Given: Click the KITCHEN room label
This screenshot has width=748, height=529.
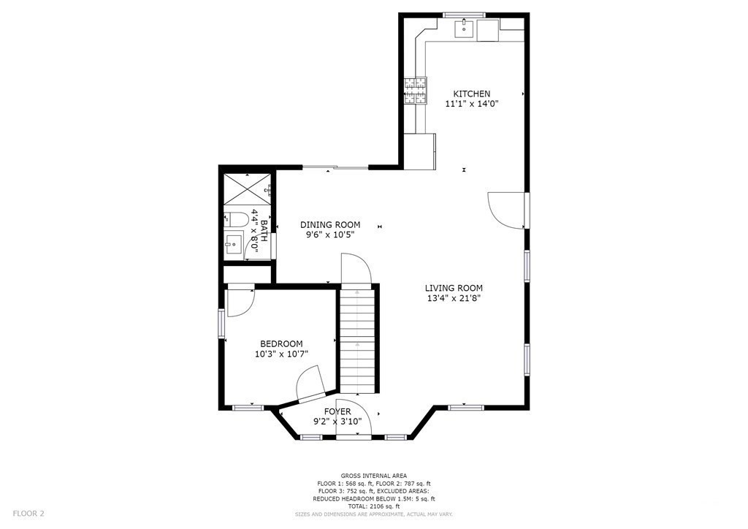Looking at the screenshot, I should click(471, 94).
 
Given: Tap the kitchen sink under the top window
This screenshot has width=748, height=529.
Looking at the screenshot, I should click(465, 30).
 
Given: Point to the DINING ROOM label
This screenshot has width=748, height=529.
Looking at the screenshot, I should click(330, 224).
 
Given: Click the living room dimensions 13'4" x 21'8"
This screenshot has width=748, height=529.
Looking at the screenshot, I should click(454, 298).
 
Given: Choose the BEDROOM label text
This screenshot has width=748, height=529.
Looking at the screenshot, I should click(281, 344).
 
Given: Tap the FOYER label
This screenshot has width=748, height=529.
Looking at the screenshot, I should click(337, 411).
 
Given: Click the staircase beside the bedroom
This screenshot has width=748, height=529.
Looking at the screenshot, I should click(357, 340).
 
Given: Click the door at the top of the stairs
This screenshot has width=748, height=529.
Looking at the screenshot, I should click(355, 270).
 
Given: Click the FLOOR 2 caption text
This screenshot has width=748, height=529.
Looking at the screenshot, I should click(28, 514).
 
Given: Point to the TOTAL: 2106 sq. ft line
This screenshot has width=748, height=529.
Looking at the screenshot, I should click(373, 506).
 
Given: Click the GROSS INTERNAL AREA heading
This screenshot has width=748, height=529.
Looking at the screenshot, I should click(373, 476).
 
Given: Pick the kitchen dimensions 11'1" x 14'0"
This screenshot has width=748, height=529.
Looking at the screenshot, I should click(471, 104).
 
